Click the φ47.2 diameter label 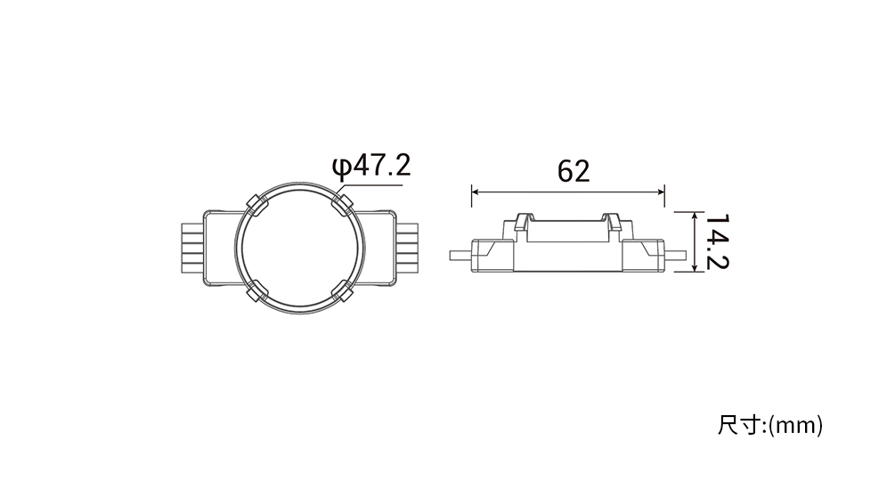tap(371, 166)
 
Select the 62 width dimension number tap(574, 171)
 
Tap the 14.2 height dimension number tap(717, 241)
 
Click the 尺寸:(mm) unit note tap(770, 426)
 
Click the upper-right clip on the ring tap(343, 204)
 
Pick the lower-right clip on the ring tap(343, 290)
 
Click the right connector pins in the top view tap(408, 248)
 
